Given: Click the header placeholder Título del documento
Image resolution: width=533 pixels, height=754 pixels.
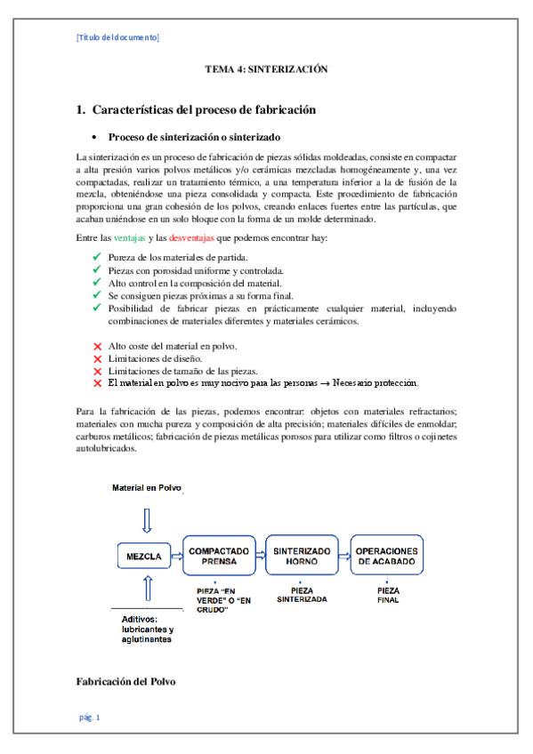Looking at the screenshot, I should [118, 37].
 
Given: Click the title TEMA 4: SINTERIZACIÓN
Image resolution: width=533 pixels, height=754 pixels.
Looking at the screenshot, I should [267, 68].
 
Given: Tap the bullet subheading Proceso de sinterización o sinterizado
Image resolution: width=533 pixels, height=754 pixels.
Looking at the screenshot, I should [194, 138].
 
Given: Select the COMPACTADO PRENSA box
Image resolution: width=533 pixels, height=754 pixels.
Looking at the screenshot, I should [217, 557].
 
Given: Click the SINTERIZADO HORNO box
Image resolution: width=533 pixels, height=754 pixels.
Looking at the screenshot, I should [301, 557].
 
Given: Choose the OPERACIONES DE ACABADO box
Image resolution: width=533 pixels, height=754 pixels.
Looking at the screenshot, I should [386, 557].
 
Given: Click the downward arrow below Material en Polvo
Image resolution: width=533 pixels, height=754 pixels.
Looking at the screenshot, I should [148, 518].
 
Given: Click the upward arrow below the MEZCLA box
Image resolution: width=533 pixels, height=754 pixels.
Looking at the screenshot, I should [148, 590].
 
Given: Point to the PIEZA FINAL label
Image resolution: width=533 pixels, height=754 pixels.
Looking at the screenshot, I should [388, 595].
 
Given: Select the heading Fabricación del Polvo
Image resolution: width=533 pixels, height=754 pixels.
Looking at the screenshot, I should [125, 681].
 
